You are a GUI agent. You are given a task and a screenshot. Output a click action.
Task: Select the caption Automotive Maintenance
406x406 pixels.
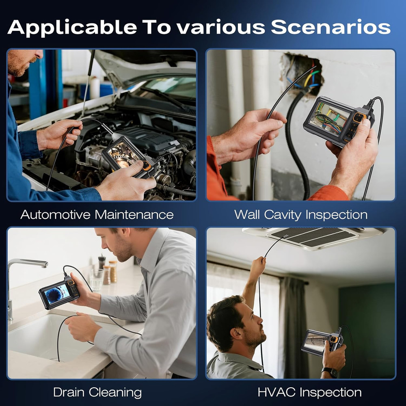coord(97,214)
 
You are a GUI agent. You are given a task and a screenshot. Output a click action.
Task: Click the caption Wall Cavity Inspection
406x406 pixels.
coord(301,214)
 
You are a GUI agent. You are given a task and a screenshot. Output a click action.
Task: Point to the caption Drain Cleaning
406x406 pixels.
coord(97,392)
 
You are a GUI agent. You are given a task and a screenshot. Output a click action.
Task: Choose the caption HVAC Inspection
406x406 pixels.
coord(309,392)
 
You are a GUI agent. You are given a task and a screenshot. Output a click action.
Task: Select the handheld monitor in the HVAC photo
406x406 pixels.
coord(321,343)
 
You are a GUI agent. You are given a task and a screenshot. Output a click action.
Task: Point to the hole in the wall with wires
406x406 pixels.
coord(302,73)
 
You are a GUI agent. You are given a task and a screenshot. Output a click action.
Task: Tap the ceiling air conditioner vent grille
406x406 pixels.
coord(313,238)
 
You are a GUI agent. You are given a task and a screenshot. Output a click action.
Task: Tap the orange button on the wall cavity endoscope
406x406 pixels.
coord(358,118)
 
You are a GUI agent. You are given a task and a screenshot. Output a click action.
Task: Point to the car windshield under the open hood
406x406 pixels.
coord(171,87)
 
